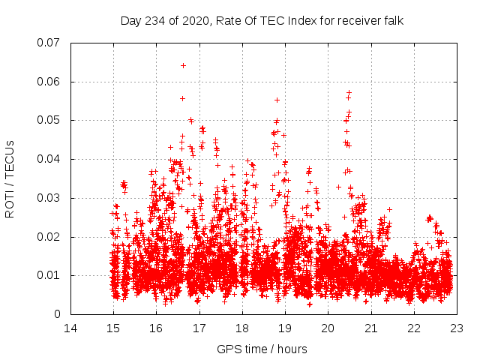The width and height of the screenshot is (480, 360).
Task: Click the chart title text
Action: (262, 21)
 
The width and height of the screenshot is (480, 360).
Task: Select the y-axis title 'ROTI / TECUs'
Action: (10, 178)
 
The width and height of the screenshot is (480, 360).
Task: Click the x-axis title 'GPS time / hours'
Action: (262, 349)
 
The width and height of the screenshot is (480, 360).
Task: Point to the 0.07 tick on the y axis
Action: (49, 43)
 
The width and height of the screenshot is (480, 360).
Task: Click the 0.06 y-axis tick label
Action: (49, 82)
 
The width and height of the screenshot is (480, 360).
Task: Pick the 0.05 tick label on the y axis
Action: (49, 120)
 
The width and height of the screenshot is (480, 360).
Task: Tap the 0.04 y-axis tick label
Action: (49, 159)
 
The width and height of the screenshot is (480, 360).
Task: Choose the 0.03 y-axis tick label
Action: (49, 198)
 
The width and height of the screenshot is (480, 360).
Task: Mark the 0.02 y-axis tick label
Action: (49, 237)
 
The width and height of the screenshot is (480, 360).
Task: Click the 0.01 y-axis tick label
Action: (49, 275)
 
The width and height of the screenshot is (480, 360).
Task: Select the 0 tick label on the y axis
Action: (57, 314)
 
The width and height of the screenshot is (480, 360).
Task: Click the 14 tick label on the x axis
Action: (70, 328)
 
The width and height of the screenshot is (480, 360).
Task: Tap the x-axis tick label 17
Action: (199, 328)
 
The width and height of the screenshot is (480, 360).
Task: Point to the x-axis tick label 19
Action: (285, 328)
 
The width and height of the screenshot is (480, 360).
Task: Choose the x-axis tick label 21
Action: (370, 328)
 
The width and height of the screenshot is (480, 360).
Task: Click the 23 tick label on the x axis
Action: (456, 328)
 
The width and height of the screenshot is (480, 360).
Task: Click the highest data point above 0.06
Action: (183, 65)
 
